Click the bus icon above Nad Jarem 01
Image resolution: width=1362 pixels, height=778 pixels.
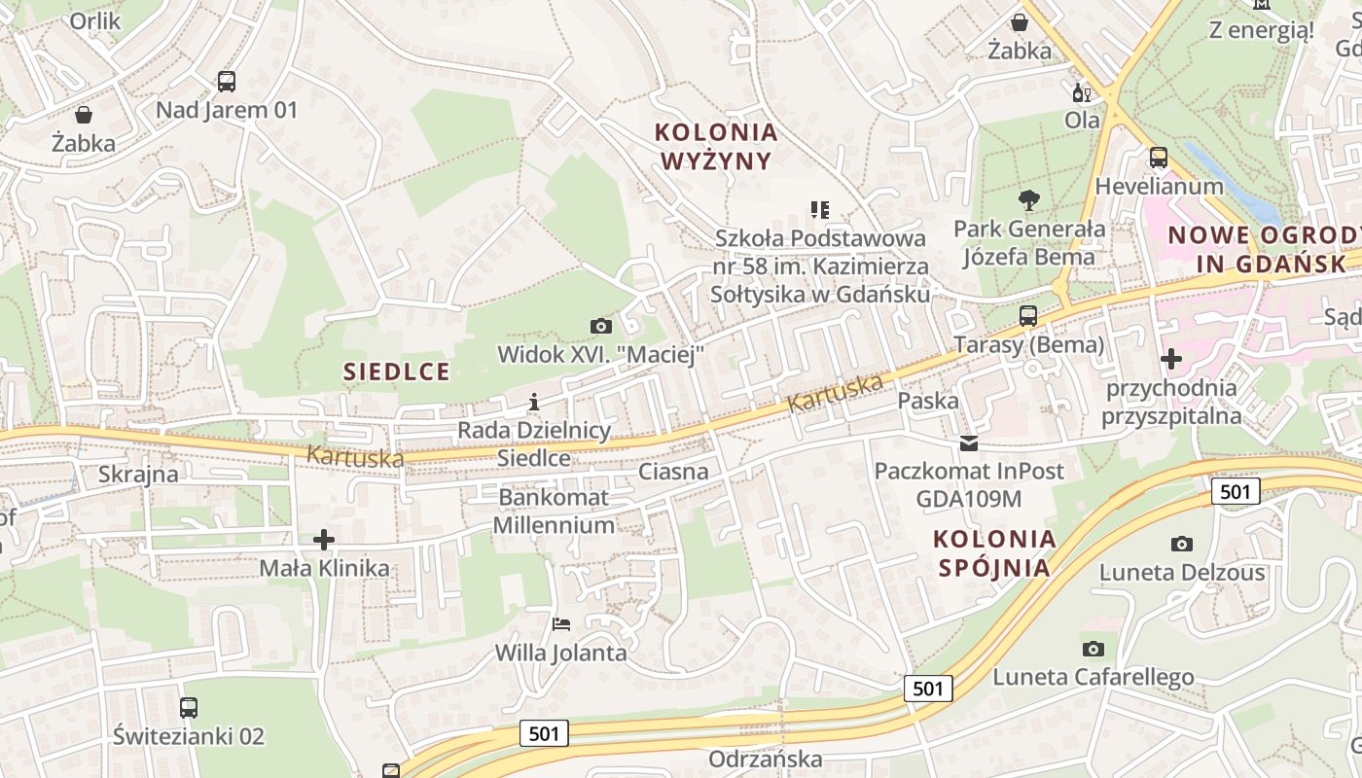click(x=226, y=82)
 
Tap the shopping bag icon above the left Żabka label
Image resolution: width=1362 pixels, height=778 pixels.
click(x=84, y=115)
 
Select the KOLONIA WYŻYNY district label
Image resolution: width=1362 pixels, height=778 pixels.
click(x=716, y=146)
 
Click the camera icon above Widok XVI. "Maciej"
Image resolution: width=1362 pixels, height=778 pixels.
click(x=601, y=326)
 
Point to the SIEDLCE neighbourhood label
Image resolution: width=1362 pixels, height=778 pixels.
click(x=397, y=371)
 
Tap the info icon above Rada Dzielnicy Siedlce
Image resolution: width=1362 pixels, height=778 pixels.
click(x=533, y=402)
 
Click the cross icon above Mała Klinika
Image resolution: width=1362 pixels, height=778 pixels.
click(x=324, y=539)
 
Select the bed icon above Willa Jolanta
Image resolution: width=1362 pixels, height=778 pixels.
click(x=561, y=623)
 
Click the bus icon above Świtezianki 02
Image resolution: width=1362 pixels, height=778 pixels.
click(x=189, y=708)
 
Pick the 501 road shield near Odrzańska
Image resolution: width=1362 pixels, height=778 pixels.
click(x=544, y=732)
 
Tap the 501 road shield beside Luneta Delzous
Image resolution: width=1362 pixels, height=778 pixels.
click(x=1236, y=491)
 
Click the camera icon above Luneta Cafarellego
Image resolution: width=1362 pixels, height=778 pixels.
click(x=1093, y=649)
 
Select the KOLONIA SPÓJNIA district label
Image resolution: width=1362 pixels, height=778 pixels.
click(x=994, y=552)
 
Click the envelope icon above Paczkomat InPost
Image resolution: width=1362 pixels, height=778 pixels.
click(x=969, y=443)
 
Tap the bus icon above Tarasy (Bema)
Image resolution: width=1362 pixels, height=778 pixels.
click(x=1028, y=316)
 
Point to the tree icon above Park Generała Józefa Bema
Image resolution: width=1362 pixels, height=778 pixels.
click(x=1028, y=201)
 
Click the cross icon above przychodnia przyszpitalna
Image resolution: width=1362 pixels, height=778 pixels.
click(x=1171, y=359)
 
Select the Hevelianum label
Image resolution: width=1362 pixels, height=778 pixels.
click(x=1159, y=186)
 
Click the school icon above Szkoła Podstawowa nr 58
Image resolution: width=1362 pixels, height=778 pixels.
click(x=820, y=209)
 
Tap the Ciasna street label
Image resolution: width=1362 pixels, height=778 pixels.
click(x=673, y=472)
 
